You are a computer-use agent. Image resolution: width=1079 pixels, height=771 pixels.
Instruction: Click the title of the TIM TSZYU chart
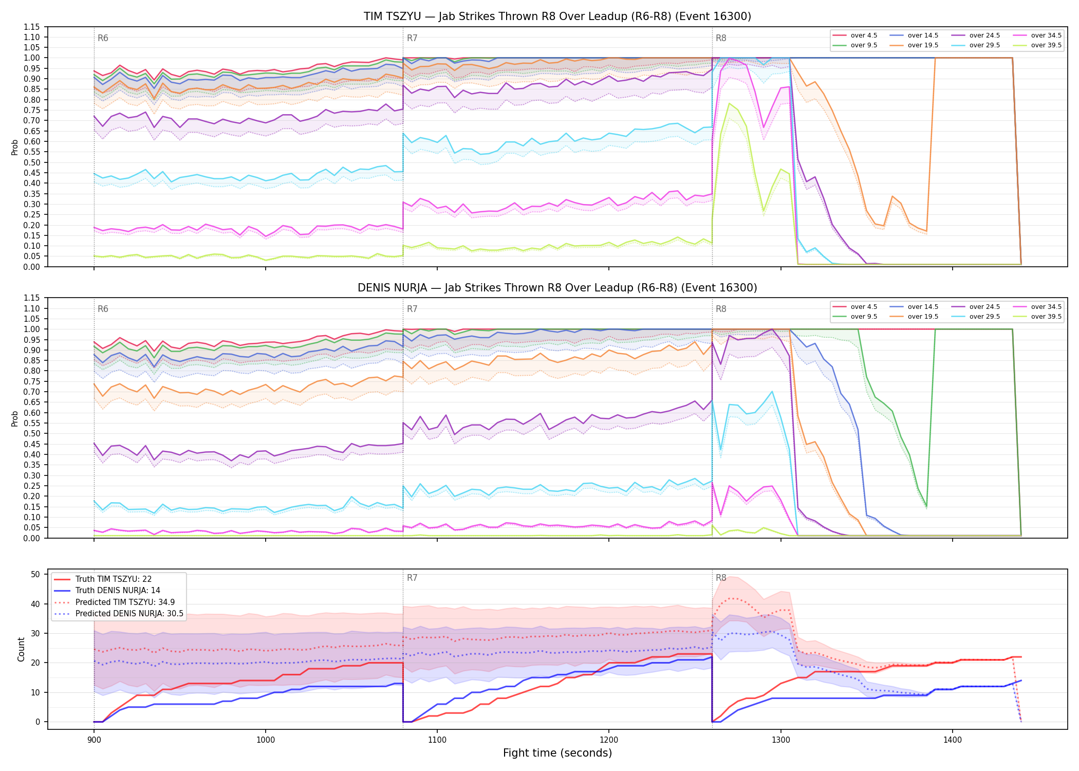pos(557,16)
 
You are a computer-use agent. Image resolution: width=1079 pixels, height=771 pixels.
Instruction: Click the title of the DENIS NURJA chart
pos(557,288)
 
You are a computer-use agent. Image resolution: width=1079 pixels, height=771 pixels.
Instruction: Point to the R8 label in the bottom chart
pos(721,578)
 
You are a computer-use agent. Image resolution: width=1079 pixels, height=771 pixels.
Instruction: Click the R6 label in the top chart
pos(103,38)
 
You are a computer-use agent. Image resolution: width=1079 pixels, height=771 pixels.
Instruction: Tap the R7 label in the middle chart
pos(412,309)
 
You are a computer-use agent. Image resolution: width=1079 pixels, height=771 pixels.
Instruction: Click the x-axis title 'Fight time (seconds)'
pos(557,753)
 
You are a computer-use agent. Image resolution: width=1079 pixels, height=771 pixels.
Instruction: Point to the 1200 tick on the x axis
pos(609,740)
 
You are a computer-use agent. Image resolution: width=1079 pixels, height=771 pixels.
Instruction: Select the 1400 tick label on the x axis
pos(953,740)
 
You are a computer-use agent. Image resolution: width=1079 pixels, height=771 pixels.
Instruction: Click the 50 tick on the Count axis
pos(35,574)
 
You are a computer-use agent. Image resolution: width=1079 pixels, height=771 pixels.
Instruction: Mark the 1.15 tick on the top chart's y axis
pos(32,27)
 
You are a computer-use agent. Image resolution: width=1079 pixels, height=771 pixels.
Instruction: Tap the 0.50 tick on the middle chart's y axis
pos(32,433)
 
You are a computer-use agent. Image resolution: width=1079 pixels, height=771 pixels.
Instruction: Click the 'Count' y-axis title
pos(21,649)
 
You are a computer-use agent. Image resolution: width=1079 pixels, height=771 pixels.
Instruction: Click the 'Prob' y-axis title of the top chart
pos(15,147)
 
